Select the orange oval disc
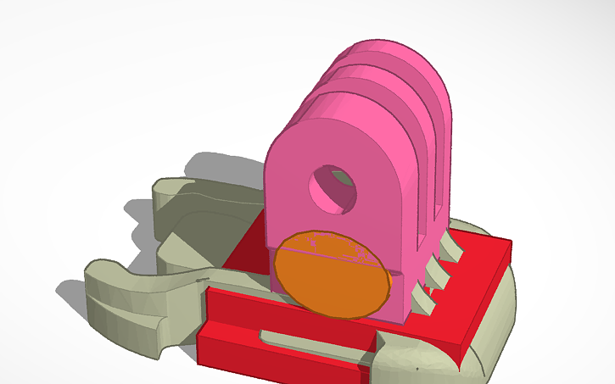(332, 273)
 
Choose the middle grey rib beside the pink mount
(436, 271)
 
